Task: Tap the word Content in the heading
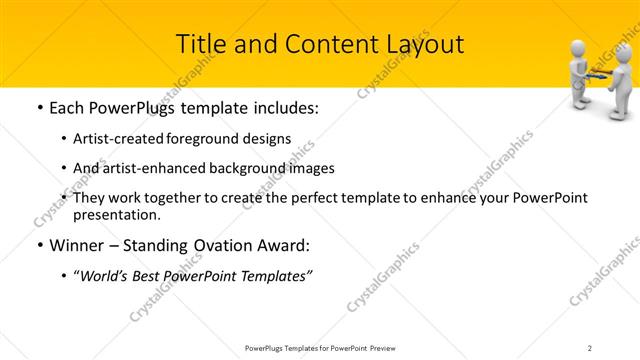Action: click(x=319, y=44)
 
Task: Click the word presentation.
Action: click(x=117, y=215)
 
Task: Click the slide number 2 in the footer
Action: click(x=590, y=347)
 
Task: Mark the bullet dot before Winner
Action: click(x=37, y=245)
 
